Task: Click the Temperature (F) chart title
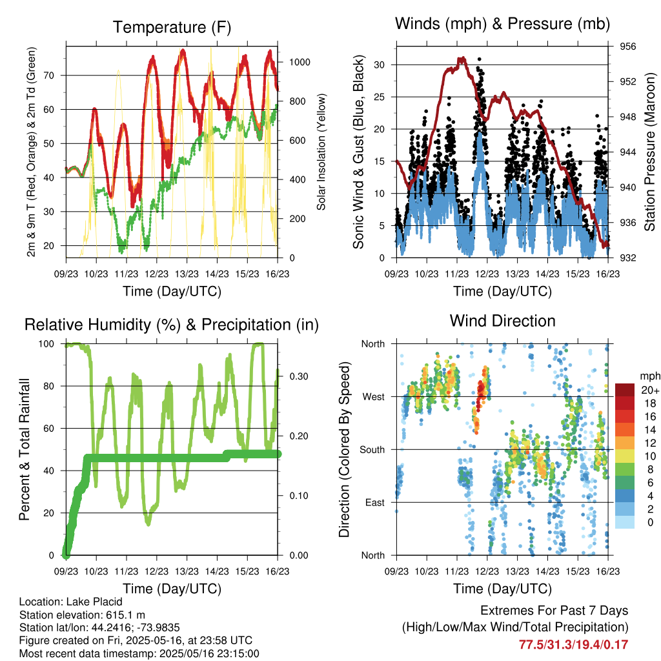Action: (172, 27)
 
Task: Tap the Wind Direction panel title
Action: (502, 321)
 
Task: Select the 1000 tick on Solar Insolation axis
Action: (300, 63)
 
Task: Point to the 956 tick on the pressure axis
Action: (627, 46)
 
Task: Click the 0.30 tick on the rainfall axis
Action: (298, 376)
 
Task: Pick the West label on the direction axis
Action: (374, 397)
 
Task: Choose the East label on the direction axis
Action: (375, 502)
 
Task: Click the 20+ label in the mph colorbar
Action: (650, 390)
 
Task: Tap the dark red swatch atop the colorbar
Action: (624, 390)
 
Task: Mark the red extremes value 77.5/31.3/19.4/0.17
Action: (573, 645)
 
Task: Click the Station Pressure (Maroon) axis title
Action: (649, 152)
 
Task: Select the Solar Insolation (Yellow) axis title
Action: (321, 152)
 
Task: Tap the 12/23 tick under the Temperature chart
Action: (156, 274)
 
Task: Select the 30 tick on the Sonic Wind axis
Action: (379, 65)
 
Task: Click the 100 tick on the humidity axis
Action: (46, 344)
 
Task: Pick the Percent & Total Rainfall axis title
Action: (25, 449)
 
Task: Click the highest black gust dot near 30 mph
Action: (480, 59)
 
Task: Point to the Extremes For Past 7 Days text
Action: (554, 611)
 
